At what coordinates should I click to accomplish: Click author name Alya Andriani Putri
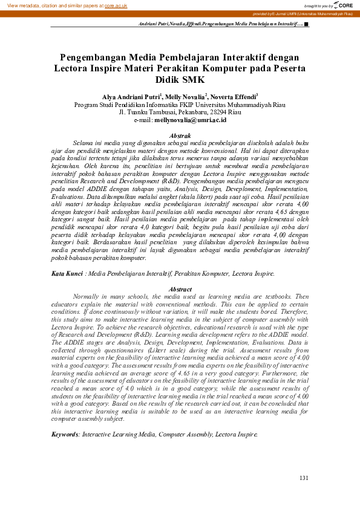click(x=130, y=96)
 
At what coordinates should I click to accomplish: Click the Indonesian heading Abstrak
click(x=181, y=135)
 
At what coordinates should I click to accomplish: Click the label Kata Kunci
click(x=67, y=274)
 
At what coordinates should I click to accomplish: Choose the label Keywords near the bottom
click(x=65, y=434)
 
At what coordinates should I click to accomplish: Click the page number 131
click(x=304, y=478)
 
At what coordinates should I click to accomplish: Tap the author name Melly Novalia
click(x=185, y=96)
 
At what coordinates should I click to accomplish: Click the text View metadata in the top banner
click(x=25, y=5)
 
